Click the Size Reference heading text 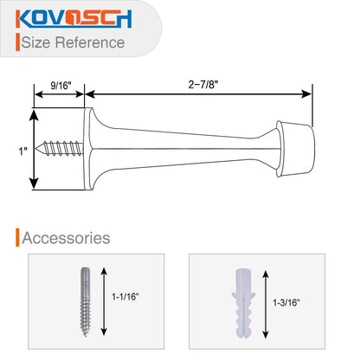point(73,42)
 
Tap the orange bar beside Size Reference point(16,42)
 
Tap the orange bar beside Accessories point(16,236)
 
